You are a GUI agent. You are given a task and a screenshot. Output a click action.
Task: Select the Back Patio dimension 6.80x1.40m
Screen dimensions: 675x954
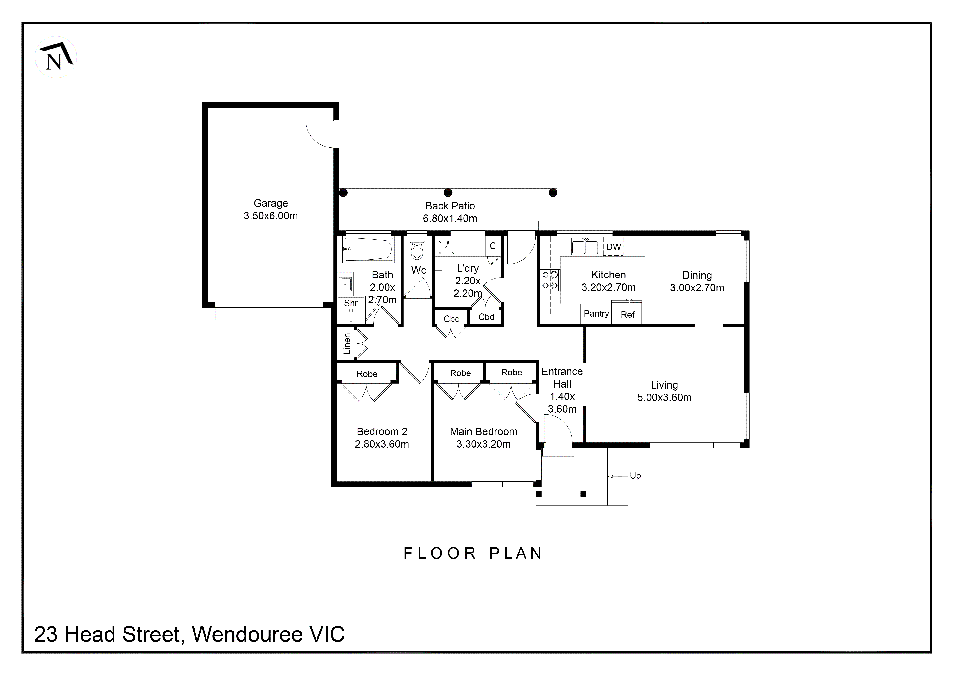coord(450,219)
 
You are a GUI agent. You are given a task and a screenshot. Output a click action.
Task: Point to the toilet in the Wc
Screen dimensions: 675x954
coord(417,249)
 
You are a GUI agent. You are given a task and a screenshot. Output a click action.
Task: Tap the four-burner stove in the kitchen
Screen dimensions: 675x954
coord(550,280)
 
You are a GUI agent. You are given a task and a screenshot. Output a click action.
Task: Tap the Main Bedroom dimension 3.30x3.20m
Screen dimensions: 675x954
coord(483,444)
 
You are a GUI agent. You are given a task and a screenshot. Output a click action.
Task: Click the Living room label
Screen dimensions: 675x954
coord(664,385)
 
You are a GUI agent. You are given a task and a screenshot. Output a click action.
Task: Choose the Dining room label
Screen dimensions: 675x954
coord(697,275)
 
